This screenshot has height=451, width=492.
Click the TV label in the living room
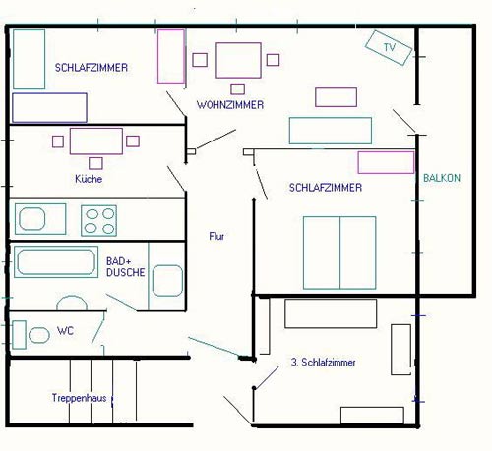(389, 47)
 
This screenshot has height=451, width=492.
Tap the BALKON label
(441, 178)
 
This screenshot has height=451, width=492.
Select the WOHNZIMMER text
(229, 104)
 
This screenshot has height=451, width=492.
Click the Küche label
(88, 179)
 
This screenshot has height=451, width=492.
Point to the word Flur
(217, 236)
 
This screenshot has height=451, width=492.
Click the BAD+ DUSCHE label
(125, 266)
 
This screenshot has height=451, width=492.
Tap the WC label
(65, 330)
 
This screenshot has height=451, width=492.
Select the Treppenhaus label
(79, 398)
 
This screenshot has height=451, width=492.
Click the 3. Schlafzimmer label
(323, 363)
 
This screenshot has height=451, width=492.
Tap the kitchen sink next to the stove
(39, 218)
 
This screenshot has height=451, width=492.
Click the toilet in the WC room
(38, 335)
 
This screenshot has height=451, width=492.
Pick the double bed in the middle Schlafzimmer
(339, 250)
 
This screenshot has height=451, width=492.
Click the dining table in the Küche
(94, 141)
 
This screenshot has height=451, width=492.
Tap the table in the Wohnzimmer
(238, 59)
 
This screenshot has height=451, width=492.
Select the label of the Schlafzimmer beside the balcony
(325, 187)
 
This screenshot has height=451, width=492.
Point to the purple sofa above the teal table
(336, 96)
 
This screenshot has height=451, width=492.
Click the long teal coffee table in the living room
(330, 131)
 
